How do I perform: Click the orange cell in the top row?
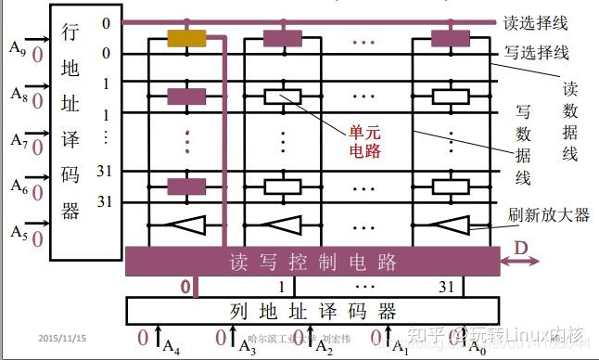(186, 39)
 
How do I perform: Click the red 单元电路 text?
(362, 141)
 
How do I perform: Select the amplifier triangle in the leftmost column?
(186, 225)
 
